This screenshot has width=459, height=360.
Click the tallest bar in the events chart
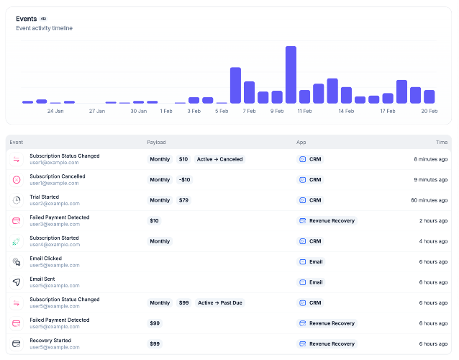291,75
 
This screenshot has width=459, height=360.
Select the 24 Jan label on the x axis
55,111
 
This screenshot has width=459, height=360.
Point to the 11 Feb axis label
304,111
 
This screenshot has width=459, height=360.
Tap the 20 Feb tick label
429,111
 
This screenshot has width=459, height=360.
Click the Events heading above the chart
27,19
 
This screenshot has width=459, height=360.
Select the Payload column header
156,142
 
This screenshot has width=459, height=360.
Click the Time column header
442,142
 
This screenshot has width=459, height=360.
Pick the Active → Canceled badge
220,159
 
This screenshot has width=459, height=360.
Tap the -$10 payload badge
184,180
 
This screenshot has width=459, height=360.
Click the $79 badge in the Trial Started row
183,200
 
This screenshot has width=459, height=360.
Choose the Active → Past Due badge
220,303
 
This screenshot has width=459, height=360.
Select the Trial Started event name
44,197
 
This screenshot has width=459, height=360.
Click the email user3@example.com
55,224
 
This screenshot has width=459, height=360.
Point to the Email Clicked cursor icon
17,262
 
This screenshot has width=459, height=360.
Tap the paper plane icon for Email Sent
17,282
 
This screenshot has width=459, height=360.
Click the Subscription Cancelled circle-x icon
17,180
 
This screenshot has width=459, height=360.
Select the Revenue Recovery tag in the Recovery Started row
327,344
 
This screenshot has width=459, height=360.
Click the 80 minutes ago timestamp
429,200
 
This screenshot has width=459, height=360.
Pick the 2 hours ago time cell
433,221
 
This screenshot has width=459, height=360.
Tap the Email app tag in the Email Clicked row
311,262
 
